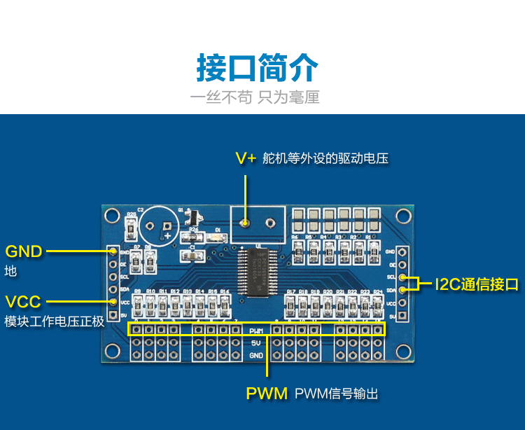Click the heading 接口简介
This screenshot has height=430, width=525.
(x=257, y=68)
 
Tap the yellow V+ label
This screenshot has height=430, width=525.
(x=246, y=158)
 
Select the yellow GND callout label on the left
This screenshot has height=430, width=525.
(x=24, y=251)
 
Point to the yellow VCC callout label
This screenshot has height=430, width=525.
(x=24, y=302)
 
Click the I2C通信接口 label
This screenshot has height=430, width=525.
(x=477, y=284)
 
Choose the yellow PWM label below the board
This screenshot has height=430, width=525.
(x=267, y=394)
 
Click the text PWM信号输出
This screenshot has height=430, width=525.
(x=337, y=394)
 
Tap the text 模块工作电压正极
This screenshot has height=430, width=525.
(x=54, y=321)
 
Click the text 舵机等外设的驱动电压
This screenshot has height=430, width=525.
(x=325, y=158)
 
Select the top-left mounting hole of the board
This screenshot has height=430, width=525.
(x=112, y=215)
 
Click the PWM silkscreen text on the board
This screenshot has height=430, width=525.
(x=256, y=331)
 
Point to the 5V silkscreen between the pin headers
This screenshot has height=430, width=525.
(x=256, y=343)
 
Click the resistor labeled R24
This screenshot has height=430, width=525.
(x=378, y=304)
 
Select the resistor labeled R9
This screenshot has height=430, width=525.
(x=138, y=304)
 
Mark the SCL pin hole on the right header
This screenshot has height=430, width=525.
(x=402, y=277)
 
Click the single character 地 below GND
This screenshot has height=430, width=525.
(x=10, y=271)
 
